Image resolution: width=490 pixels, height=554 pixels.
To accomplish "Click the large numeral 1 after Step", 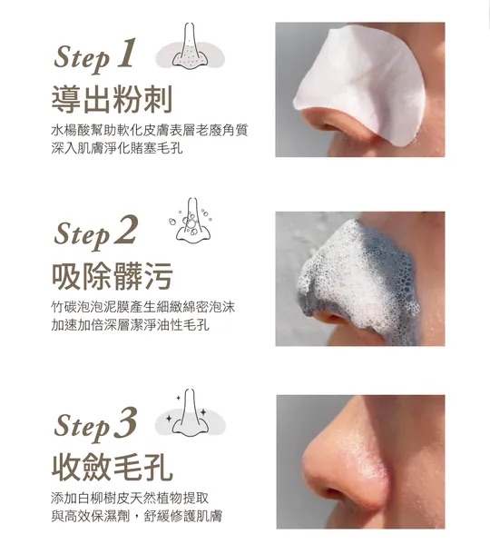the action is click(x=127, y=53).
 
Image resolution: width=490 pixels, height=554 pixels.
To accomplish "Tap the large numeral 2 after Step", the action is click(x=125, y=229).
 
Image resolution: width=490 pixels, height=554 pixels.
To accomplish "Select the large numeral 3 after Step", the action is click(x=125, y=422).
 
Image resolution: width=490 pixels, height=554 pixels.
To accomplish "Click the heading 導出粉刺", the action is click(x=113, y=99).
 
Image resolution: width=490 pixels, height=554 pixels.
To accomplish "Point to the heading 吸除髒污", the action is click(x=113, y=276).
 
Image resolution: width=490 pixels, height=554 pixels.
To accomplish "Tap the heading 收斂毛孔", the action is click(x=113, y=468).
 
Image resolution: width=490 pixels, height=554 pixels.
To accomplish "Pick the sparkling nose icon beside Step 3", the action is click(x=190, y=412).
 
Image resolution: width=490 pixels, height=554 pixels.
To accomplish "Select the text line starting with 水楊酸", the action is click(x=150, y=130).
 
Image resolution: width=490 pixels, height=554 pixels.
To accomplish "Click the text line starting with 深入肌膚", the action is click(x=117, y=148).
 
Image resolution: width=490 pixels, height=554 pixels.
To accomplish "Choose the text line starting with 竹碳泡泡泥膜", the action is click(x=143, y=307).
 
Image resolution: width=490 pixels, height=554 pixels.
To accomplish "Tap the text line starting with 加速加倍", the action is click(x=130, y=325).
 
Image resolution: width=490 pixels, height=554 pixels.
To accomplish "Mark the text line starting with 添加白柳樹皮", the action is click(x=130, y=498).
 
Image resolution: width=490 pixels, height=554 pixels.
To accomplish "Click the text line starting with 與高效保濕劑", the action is click(x=137, y=516).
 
